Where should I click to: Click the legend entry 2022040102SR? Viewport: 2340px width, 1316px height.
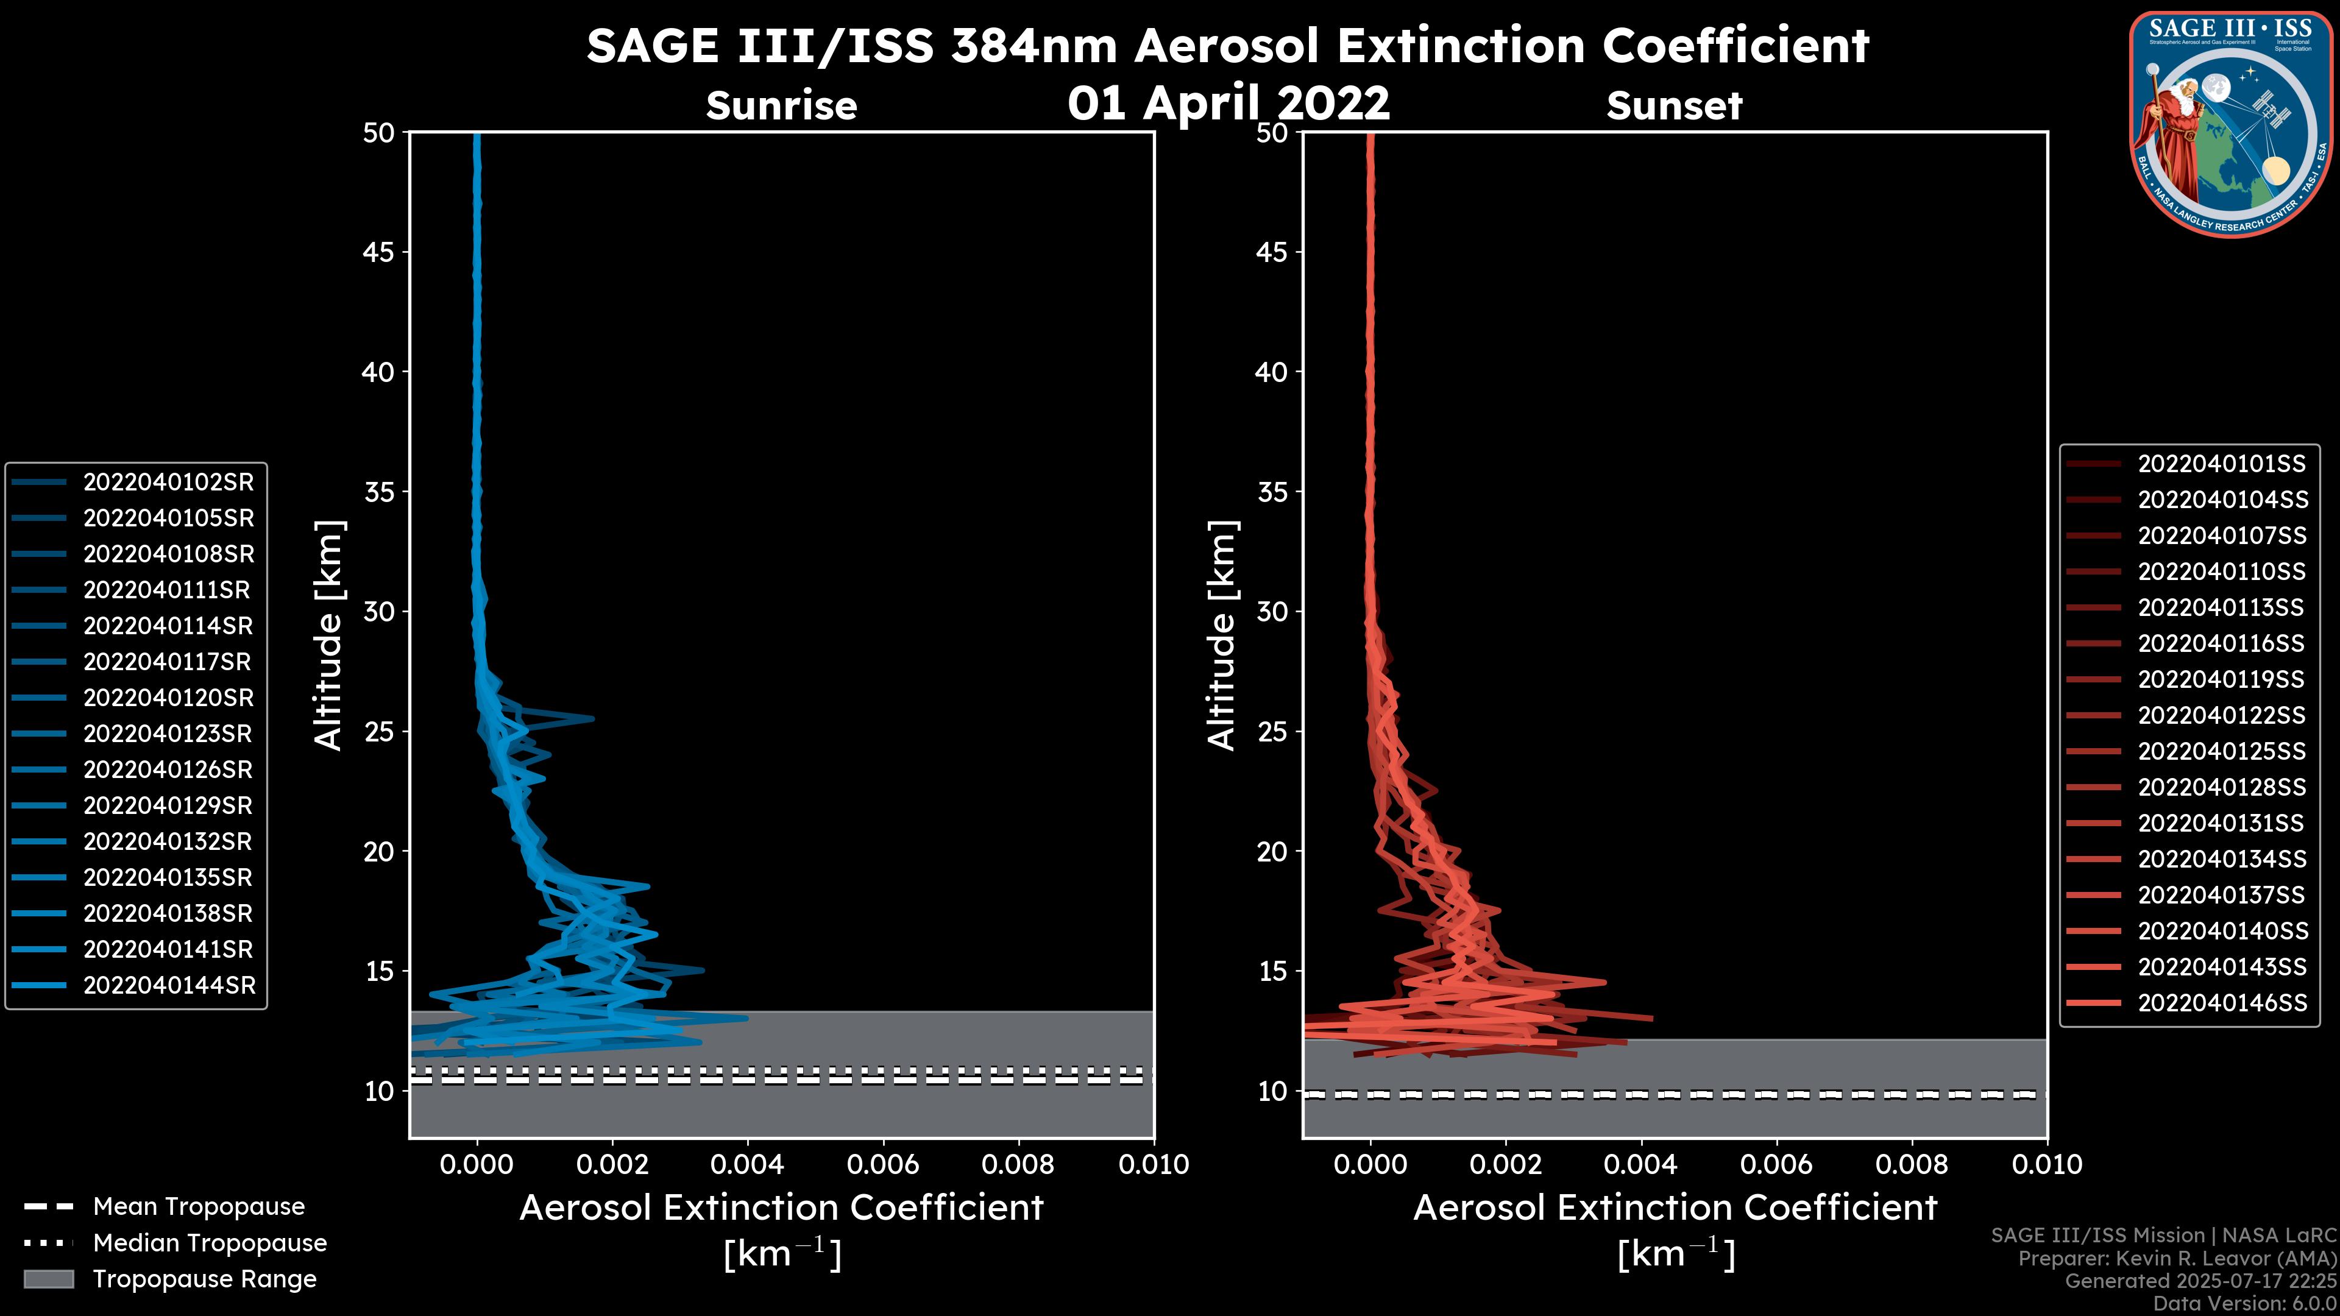coord(168,483)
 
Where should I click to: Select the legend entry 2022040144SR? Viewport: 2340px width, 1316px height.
coord(169,985)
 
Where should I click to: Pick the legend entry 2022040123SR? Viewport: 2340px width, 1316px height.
coord(168,734)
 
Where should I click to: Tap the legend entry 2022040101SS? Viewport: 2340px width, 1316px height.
coord(2221,464)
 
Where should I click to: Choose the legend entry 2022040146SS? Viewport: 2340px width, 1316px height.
coord(2222,1003)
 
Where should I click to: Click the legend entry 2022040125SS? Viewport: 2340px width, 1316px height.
coord(2222,751)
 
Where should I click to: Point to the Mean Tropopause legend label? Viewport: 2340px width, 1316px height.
coord(199,1207)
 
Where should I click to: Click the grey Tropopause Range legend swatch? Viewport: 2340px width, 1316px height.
coord(49,1279)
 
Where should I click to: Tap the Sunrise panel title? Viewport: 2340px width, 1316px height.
coord(781,106)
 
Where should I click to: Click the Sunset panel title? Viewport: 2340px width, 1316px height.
coord(1674,106)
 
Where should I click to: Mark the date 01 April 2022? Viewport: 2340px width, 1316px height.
coord(1228,102)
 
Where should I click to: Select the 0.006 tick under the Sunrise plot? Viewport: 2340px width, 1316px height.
coord(883,1164)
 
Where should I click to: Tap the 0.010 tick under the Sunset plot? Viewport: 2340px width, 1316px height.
coord(2047,1164)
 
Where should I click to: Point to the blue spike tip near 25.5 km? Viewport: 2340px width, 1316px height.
coord(592,718)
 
